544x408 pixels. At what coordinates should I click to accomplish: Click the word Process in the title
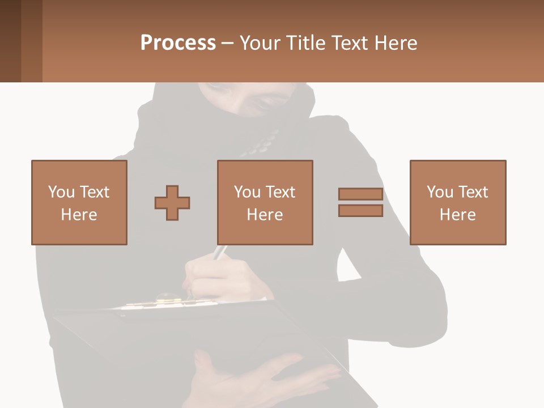[x=178, y=43]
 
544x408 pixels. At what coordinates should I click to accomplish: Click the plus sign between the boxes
[x=172, y=202]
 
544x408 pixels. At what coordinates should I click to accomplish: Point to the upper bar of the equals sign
[x=360, y=194]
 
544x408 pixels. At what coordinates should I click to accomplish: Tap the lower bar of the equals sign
[x=360, y=211]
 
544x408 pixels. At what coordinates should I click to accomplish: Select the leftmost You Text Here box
[x=79, y=202]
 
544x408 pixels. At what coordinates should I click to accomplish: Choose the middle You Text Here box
[x=265, y=202]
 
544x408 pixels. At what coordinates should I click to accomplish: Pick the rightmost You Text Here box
[x=458, y=202]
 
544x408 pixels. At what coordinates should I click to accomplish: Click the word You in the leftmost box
[x=61, y=192]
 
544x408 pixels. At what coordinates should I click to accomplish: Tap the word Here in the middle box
[x=265, y=215]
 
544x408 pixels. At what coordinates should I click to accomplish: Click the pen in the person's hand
[x=220, y=253]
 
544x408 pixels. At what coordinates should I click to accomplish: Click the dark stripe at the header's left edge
[x=10, y=41]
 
